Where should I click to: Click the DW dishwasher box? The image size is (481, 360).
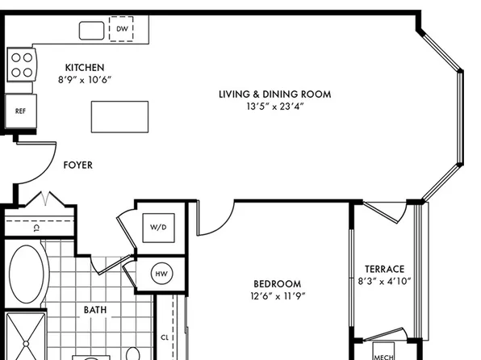coord(121,29)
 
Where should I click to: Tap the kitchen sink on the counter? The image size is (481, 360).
coord(91,31)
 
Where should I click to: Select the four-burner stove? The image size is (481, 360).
coord(22,65)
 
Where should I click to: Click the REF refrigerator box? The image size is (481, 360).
coord(20,111)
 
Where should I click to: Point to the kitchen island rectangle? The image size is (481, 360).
coord(119,117)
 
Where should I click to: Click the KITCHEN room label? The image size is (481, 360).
coord(85,68)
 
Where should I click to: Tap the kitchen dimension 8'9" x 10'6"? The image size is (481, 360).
coord(85,80)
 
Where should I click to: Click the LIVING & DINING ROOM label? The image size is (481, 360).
coord(275,94)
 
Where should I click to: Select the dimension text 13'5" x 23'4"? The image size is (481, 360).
coord(275,107)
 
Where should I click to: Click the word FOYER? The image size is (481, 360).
coord(78,165)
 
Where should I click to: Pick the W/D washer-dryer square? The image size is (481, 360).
coord(159,228)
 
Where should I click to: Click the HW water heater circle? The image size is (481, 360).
coord(161,274)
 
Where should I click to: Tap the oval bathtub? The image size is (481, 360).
coord(27,274)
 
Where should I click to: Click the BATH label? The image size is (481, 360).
coord(95,310)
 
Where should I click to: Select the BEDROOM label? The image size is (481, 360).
coord(278,283)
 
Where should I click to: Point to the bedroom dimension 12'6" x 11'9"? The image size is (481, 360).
coord(278,296)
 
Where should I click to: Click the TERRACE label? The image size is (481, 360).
coord(384,269)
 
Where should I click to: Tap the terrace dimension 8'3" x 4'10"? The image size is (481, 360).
coord(384,282)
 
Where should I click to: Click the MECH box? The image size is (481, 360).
coord(383,351)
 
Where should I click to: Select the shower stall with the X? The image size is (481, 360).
coord(26,337)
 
